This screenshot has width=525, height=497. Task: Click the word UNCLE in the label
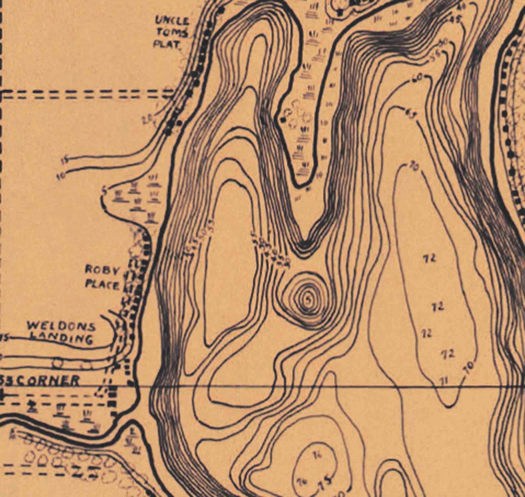coord(172,21)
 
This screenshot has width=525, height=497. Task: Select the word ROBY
coord(102,270)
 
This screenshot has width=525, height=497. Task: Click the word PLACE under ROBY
coord(102,284)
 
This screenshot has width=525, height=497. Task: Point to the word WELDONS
coord(62,327)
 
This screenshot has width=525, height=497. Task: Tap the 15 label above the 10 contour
coord(65,161)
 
